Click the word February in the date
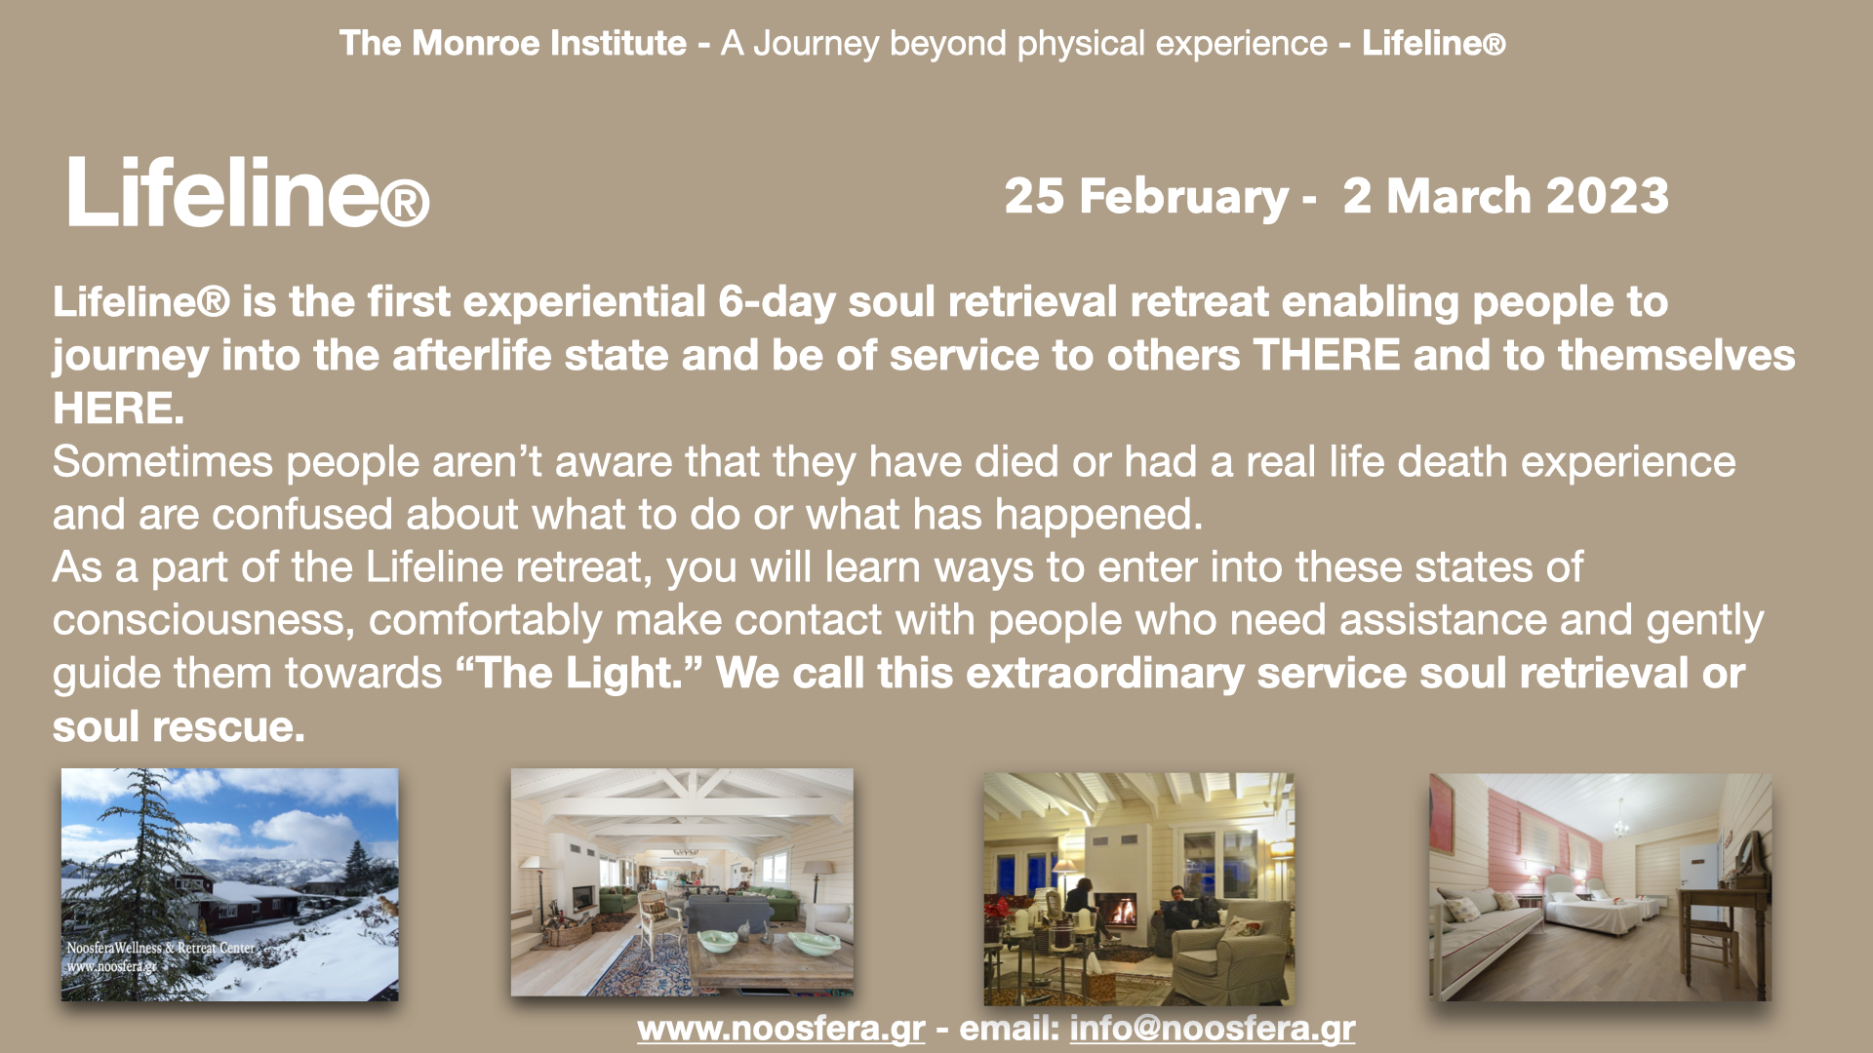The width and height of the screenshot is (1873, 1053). (1183, 197)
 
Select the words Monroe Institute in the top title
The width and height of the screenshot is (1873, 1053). (549, 43)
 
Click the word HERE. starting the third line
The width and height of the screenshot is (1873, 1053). (118, 409)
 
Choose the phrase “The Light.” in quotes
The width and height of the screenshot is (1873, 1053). (579, 673)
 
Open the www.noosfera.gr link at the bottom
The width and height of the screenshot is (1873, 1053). (781, 1029)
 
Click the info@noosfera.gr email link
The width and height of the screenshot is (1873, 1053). (1213, 1029)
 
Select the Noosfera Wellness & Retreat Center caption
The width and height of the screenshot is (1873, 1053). (161, 948)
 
